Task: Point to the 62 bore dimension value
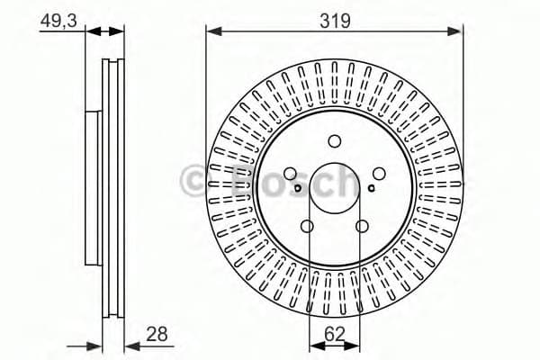click(x=334, y=334)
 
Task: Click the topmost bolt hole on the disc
click(x=335, y=140)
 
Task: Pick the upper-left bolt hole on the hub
click(x=290, y=175)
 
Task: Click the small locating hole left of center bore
click(x=298, y=189)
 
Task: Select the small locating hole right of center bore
click(x=372, y=189)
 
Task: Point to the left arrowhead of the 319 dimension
click(x=212, y=31)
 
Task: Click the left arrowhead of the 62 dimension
click(x=312, y=345)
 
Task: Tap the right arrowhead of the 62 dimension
click(x=358, y=345)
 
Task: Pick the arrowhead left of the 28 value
click(x=130, y=345)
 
